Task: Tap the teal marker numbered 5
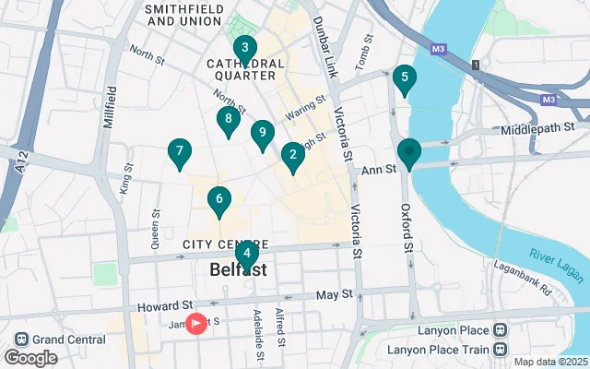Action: click(404, 78)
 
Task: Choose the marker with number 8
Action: click(228, 119)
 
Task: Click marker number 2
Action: click(292, 156)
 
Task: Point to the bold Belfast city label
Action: click(238, 270)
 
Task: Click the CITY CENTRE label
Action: click(218, 244)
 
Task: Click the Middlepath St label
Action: click(538, 130)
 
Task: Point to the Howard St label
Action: click(165, 305)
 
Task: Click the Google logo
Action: click(30, 357)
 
